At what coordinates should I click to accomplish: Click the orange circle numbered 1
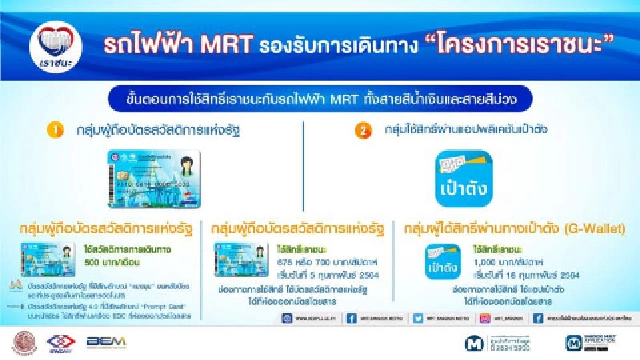point(55,131)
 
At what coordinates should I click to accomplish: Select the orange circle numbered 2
point(363,131)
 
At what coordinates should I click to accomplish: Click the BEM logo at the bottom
point(106,341)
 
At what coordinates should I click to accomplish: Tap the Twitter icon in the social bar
point(417,319)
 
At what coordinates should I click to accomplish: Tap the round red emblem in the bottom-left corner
point(26,342)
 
